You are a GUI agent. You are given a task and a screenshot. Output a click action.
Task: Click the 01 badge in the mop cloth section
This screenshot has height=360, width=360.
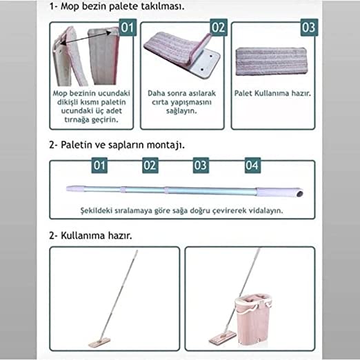point(128,28)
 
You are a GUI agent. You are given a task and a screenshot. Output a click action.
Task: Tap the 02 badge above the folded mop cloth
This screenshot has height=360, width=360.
point(219,28)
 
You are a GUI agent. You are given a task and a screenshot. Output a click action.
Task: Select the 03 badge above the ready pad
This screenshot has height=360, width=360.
point(309,28)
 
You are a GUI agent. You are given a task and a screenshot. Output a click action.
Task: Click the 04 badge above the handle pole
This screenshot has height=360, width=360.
point(252,166)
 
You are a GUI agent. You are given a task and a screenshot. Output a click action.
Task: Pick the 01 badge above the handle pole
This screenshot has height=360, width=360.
point(99,166)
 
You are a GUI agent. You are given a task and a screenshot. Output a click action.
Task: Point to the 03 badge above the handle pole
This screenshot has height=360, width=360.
point(201,166)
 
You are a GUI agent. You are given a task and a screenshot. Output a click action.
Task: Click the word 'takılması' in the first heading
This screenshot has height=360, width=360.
point(162,6)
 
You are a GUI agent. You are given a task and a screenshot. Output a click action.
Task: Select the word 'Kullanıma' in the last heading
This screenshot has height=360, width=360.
point(81,236)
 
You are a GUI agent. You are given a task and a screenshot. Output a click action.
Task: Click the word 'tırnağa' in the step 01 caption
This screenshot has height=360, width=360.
point(78,120)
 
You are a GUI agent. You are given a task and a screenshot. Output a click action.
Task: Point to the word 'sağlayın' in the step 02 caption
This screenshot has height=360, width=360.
point(181,111)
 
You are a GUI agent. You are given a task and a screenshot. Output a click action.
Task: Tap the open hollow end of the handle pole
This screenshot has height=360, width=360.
point(299,194)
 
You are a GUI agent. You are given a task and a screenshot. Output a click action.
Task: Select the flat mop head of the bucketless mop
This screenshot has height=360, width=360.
point(99,342)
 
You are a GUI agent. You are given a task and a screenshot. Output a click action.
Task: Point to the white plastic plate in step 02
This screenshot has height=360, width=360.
point(205,63)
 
